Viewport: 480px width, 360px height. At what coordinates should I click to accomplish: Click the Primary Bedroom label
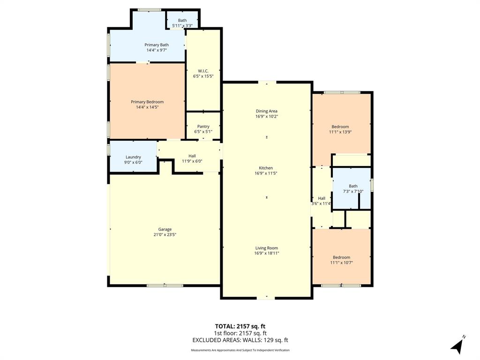147,102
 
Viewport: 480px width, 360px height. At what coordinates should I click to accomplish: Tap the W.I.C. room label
203,71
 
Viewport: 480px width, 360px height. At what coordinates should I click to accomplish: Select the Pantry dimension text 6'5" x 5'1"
203,132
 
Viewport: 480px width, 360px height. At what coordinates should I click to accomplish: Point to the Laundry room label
133,157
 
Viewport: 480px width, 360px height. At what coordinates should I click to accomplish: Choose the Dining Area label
267,111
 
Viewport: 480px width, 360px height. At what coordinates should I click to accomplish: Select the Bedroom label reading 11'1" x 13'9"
340,127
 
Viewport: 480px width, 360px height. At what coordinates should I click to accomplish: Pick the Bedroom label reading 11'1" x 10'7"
341,257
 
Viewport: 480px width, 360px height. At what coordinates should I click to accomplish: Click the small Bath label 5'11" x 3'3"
182,20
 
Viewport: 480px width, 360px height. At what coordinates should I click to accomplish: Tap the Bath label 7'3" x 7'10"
353,186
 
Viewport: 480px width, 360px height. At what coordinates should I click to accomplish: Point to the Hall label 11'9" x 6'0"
192,156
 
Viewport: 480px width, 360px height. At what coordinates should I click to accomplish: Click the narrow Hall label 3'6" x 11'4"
322,198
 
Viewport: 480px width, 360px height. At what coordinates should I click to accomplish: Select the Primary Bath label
156,45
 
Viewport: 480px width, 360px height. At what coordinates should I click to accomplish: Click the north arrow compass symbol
458,345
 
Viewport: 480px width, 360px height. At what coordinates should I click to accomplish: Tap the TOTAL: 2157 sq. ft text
240,326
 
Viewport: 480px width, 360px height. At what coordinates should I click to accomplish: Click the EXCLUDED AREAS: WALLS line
240,340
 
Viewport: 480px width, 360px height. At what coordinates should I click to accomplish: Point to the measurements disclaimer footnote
240,350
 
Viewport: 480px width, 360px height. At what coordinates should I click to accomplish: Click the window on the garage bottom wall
165,285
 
